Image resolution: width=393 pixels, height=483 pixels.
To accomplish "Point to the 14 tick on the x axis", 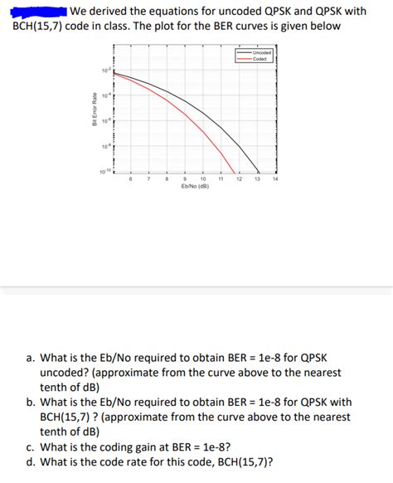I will [274, 178].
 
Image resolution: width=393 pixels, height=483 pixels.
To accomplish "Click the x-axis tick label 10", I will [203, 178].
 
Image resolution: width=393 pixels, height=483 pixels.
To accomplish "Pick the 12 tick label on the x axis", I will [239, 178].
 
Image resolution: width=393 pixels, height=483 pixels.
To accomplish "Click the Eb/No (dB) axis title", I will [195, 187].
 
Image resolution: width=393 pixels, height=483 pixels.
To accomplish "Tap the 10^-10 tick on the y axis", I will [103, 171].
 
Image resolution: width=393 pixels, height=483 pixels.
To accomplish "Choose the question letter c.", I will [30, 446].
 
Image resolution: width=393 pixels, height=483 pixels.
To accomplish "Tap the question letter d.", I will [31, 462].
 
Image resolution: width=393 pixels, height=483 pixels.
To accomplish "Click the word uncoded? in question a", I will [67, 374].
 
